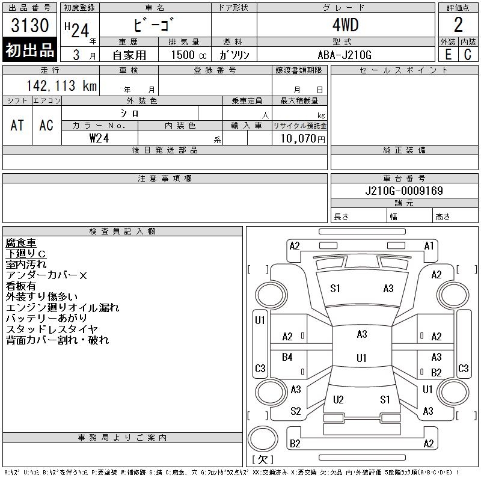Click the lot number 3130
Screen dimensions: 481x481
30,26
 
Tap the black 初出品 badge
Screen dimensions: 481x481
30,51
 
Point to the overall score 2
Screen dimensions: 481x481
458,25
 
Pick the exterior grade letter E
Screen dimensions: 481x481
448,54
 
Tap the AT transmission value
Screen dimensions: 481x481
17,125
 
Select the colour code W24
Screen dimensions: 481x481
99,138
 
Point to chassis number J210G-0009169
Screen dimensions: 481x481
404,191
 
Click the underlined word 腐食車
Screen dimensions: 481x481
21,243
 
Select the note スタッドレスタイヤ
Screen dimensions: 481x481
52,329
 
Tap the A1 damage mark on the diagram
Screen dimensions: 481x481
429,246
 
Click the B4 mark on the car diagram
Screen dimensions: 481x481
287,357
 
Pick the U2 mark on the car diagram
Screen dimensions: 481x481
338,400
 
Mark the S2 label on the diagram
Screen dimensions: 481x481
295,411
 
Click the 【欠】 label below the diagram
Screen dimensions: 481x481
262,460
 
